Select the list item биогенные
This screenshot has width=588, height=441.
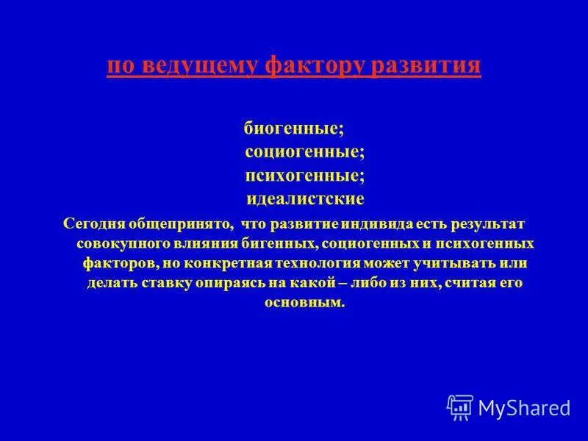(x=293, y=128)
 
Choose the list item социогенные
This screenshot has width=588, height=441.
(x=304, y=152)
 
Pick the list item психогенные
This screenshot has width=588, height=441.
(x=304, y=176)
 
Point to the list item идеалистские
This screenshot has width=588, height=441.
(x=304, y=199)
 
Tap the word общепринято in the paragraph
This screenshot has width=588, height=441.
(x=174, y=223)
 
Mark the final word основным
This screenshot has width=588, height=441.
(x=304, y=302)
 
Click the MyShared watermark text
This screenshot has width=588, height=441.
(x=524, y=407)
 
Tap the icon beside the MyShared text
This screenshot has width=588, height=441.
(x=460, y=406)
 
